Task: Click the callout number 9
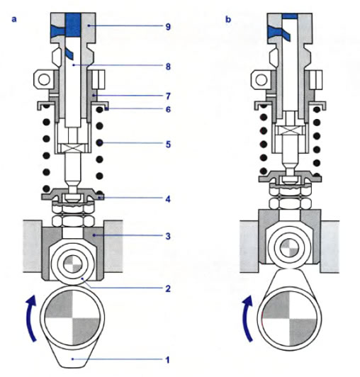coord(168,26)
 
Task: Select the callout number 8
coord(168,67)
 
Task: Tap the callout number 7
coord(168,96)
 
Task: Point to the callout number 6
coord(168,109)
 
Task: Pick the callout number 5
coord(168,145)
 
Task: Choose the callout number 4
coord(168,199)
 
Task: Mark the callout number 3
coord(168,236)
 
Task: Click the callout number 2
coord(168,288)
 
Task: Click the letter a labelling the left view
coord(14,19)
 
